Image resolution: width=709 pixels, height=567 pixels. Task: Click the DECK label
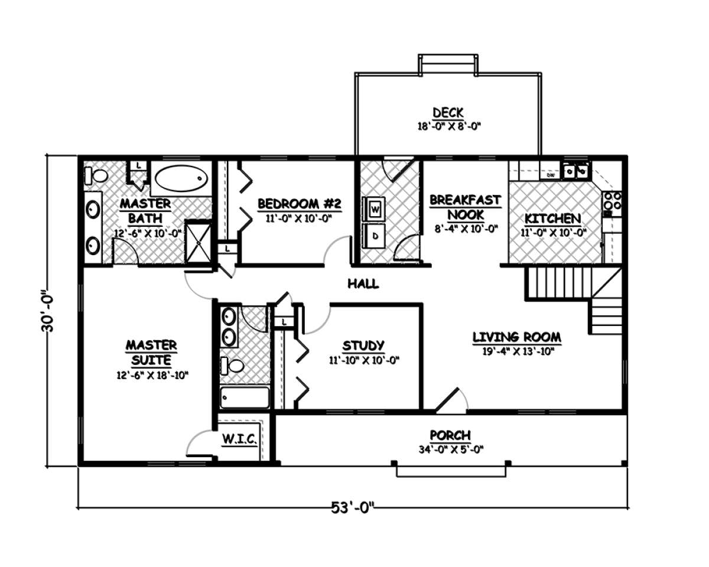tap(448, 113)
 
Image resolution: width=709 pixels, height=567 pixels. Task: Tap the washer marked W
tap(373, 209)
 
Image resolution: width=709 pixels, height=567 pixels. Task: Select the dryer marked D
tap(373, 236)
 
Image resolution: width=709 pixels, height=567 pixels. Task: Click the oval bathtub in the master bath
tap(181, 178)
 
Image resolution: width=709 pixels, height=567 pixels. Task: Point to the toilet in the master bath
tap(96, 175)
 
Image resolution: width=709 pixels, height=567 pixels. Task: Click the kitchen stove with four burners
tap(612, 204)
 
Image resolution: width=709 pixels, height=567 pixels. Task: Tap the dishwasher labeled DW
tap(551, 175)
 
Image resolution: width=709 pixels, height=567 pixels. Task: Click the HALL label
tap(363, 283)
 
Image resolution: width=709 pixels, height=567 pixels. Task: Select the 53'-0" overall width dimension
tap(353, 507)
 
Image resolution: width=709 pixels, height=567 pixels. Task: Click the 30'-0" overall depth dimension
tap(47, 311)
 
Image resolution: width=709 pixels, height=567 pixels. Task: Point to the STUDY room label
tap(363, 346)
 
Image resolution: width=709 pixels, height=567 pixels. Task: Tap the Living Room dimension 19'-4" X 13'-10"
tap(517, 351)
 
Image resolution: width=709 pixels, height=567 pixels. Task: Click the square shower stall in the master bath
tap(199, 243)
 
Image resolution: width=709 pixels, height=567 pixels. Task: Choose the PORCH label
tap(450, 435)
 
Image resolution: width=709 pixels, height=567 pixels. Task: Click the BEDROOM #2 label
tap(299, 204)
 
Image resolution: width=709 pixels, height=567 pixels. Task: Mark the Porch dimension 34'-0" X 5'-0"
tap(451, 449)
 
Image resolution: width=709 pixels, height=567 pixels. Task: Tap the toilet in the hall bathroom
tap(232, 366)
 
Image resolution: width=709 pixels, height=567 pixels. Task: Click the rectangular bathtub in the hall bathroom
tap(245, 397)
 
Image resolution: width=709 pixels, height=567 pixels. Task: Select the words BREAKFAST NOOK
tap(466, 207)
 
